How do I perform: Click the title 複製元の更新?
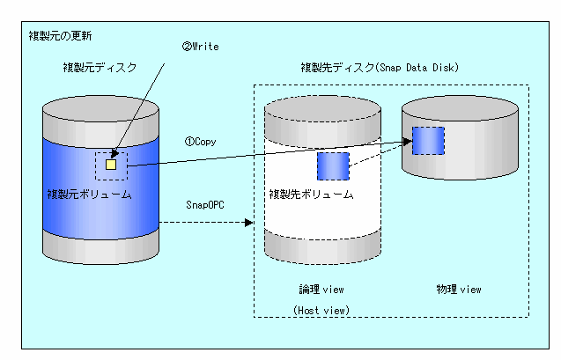pyautogui.click(x=60, y=36)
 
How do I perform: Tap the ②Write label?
pyautogui.click(x=200, y=46)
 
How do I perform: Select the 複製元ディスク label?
pyautogui.click(x=100, y=67)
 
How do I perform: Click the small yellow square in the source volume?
pyautogui.click(x=111, y=164)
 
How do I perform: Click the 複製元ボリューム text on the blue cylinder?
pyautogui.click(x=89, y=194)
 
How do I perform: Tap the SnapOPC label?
pyautogui.click(x=203, y=204)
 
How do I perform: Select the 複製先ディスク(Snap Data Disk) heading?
pyautogui.click(x=379, y=67)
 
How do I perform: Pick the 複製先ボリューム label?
pyautogui.click(x=310, y=194)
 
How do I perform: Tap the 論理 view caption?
pyautogui.click(x=321, y=289)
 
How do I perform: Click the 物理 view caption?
pyautogui.click(x=459, y=289)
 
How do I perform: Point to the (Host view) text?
pyautogui.click(x=321, y=310)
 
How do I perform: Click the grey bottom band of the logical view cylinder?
pyautogui.click(x=321, y=250)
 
